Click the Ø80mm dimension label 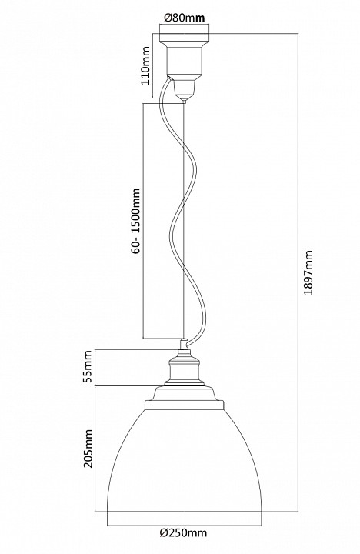coord(185,18)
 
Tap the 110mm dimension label coord(145,65)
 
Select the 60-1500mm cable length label coord(135,222)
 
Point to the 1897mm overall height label coord(308,272)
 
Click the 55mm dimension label coord(88,366)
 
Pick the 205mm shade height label coord(88,449)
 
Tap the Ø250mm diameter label coord(183,532)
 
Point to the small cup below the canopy coord(185,88)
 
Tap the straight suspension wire coord(185,220)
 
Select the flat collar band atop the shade coord(185,405)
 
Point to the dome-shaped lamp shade coord(185,460)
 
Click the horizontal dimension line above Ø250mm coord(185,524)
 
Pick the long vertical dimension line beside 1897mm coord(298,272)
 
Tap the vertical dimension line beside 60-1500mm coord(143,221)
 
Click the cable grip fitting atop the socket coord(184,345)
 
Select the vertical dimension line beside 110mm coord(152,65)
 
